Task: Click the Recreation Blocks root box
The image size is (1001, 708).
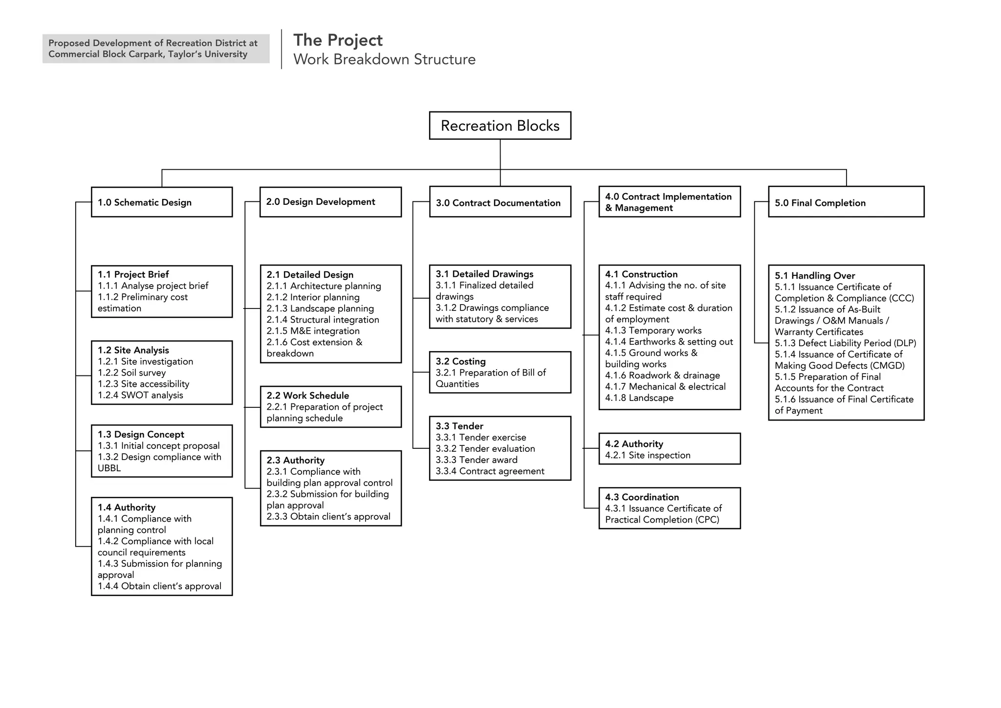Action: (x=500, y=126)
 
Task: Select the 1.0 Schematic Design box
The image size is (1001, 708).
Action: (x=161, y=202)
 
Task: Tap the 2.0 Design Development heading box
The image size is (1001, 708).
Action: (x=330, y=201)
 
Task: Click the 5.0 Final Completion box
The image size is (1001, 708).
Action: (x=846, y=202)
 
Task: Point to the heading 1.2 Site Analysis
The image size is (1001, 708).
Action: (x=133, y=350)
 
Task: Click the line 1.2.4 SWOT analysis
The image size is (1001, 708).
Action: (x=140, y=395)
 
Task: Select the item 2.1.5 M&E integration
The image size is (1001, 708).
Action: (x=313, y=331)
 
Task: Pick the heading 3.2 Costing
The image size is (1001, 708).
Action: (x=460, y=361)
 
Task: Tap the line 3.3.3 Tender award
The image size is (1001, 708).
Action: (x=476, y=460)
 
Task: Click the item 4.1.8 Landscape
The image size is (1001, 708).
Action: (x=639, y=398)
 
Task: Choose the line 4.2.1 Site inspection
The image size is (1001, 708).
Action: (x=648, y=455)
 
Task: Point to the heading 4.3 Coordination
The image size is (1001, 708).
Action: (x=642, y=497)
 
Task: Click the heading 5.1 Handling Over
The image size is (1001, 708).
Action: (x=815, y=275)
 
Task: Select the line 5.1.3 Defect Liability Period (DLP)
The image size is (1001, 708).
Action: (x=845, y=343)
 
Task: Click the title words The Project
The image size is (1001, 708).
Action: (x=338, y=40)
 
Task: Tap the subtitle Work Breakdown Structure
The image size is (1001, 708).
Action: (x=384, y=59)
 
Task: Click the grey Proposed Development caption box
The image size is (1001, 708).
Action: (x=155, y=48)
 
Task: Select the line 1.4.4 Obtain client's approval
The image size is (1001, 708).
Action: (x=159, y=586)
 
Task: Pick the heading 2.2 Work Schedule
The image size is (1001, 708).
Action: (x=307, y=396)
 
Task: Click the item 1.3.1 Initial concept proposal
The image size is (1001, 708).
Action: (x=158, y=445)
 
